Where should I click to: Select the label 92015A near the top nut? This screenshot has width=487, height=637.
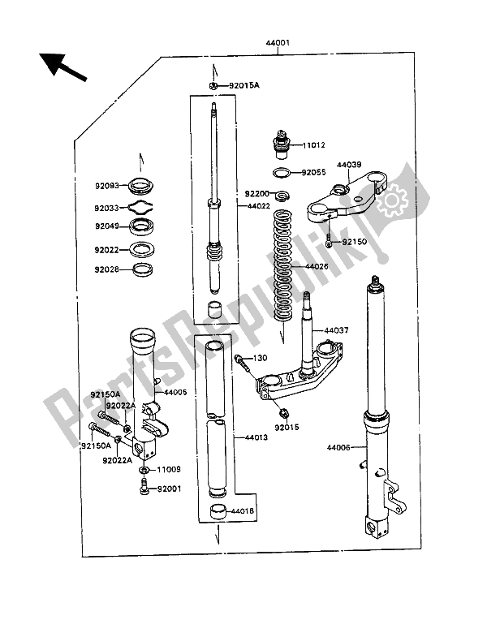click(x=243, y=85)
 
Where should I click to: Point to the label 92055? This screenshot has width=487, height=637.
click(x=313, y=173)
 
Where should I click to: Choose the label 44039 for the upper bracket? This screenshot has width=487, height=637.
click(x=351, y=166)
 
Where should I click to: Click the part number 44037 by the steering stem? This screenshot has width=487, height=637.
click(x=337, y=331)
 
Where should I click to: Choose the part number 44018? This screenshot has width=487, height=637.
click(x=242, y=511)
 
